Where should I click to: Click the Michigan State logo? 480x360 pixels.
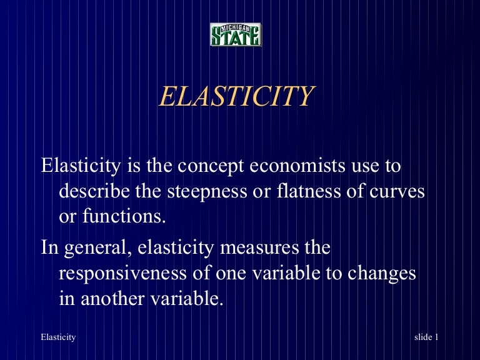coord(236,35)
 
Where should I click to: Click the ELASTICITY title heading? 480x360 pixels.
coord(236,97)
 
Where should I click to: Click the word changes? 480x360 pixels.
coord(381,273)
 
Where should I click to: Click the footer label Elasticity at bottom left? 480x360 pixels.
coord(58,337)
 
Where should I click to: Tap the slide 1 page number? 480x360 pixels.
coord(426,337)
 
